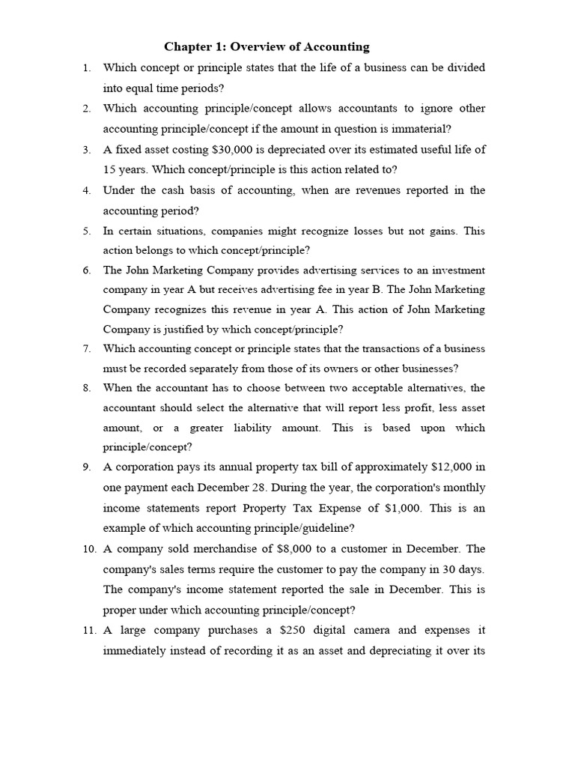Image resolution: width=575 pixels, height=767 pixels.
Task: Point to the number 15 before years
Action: (x=109, y=169)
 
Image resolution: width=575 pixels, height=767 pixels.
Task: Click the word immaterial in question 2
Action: (x=414, y=128)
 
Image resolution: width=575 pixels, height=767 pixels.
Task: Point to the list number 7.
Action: (x=87, y=348)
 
